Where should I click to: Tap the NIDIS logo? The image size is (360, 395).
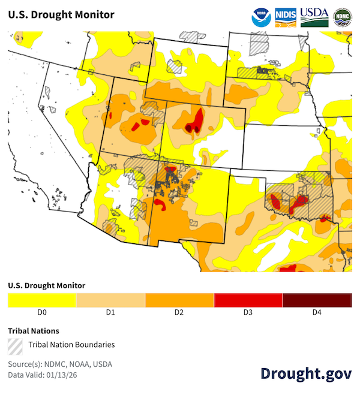click(285, 16)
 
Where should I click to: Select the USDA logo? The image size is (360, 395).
click(314, 16)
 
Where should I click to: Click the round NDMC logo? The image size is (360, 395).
click(343, 16)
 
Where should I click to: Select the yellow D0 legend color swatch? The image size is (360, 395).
click(42, 300)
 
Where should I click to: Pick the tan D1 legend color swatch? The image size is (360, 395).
click(111, 300)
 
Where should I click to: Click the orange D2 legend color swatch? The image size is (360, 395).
click(179, 300)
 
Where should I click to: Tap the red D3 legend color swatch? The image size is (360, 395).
click(248, 300)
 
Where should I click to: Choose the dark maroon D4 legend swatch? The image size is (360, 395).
click(317, 300)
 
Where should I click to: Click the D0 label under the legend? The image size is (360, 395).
click(42, 312)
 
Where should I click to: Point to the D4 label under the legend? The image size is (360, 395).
click(317, 312)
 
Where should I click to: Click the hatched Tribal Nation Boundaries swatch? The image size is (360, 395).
click(15, 345)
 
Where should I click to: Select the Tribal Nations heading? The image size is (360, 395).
click(34, 330)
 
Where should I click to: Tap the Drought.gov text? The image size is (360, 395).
click(306, 373)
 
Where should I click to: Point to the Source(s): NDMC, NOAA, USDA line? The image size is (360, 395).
click(60, 364)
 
